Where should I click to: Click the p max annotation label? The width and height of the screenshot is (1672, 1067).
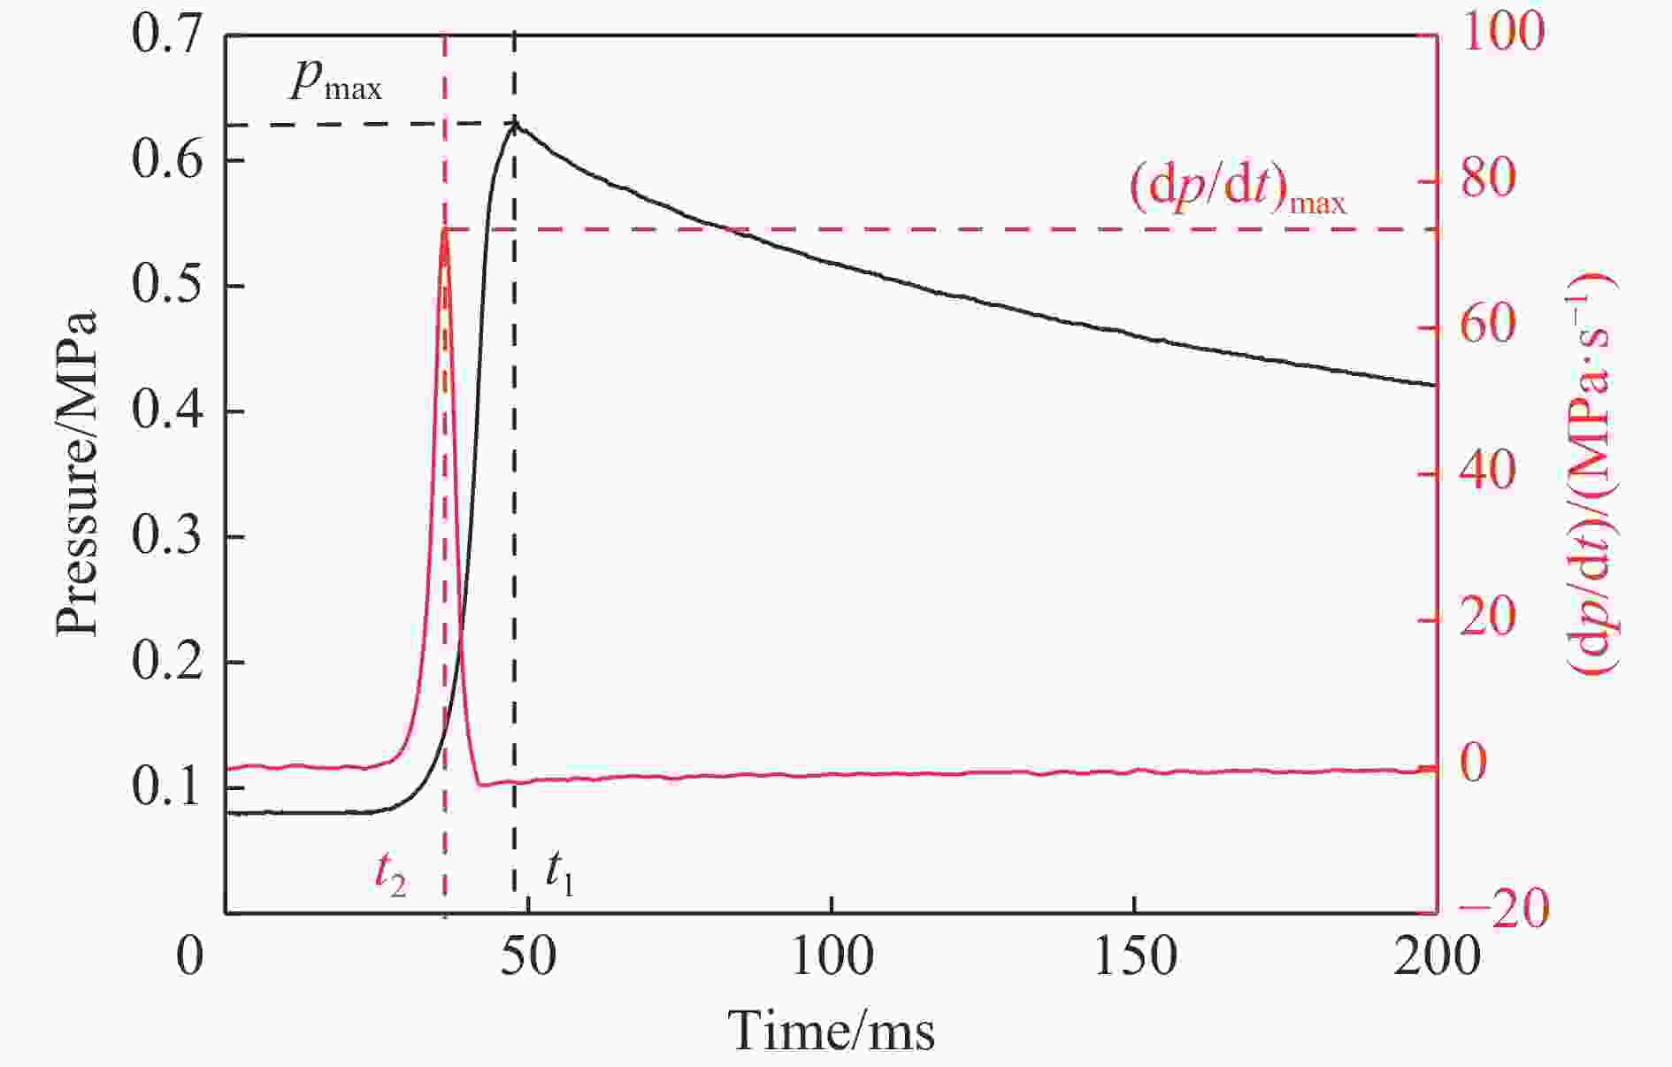(x=336, y=82)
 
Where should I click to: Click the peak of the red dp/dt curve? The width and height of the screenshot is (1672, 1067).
(x=445, y=229)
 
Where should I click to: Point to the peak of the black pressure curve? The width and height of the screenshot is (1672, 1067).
(x=515, y=123)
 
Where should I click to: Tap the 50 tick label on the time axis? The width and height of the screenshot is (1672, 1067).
(x=528, y=956)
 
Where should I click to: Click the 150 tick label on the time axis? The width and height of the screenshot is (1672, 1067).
(x=1134, y=956)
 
